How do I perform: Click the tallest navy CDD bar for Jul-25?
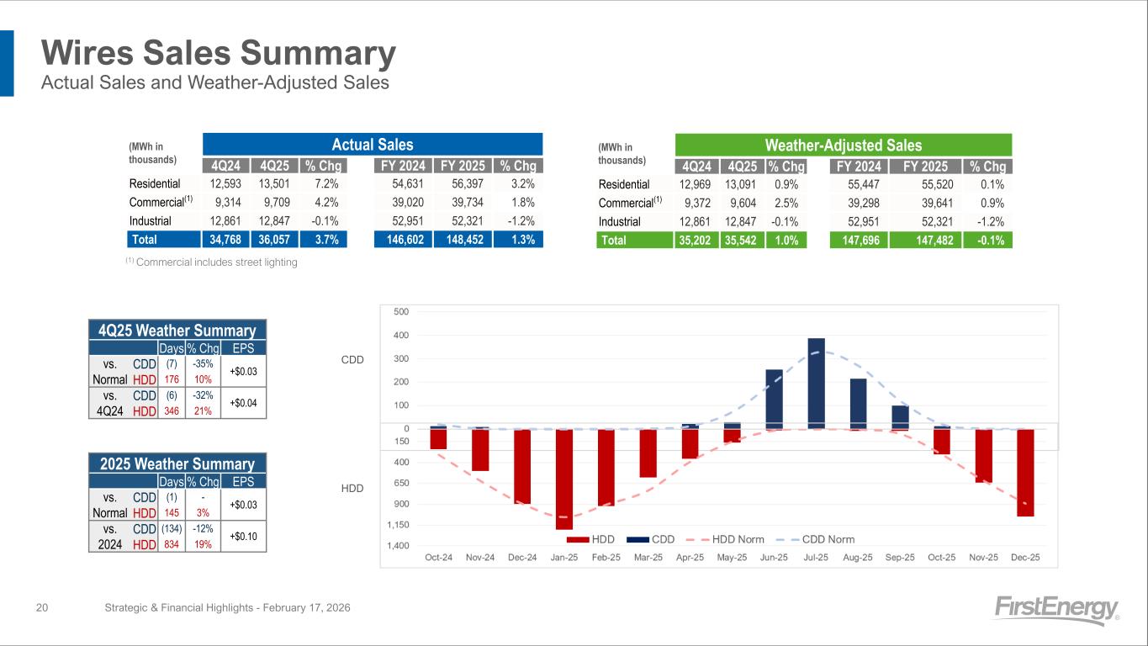pyautogui.click(x=816, y=384)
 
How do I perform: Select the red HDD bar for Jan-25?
pyautogui.click(x=563, y=479)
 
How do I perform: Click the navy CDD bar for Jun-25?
pyautogui.click(x=774, y=400)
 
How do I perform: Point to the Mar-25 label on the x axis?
pyautogui.click(x=648, y=558)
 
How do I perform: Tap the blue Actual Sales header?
pyautogui.click(x=373, y=145)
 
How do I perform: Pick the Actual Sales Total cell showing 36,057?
pyautogui.click(x=277, y=240)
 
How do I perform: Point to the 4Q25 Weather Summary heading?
pyautogui.click(x=177, y=331)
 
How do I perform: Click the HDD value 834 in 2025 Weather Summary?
pyautogui.click(x=172, y=544)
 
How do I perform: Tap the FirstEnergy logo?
pyautogui.click(x=1056, y=609)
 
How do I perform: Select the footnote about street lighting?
pyautogui.click(x=211, y=262)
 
